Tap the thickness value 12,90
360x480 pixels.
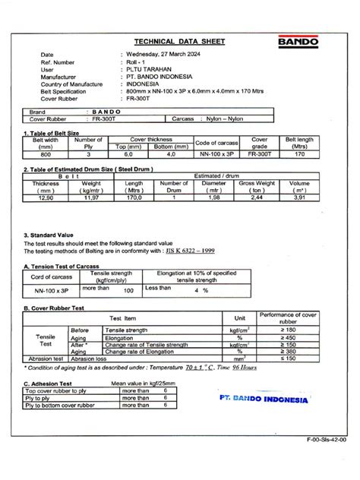[46, 197]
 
